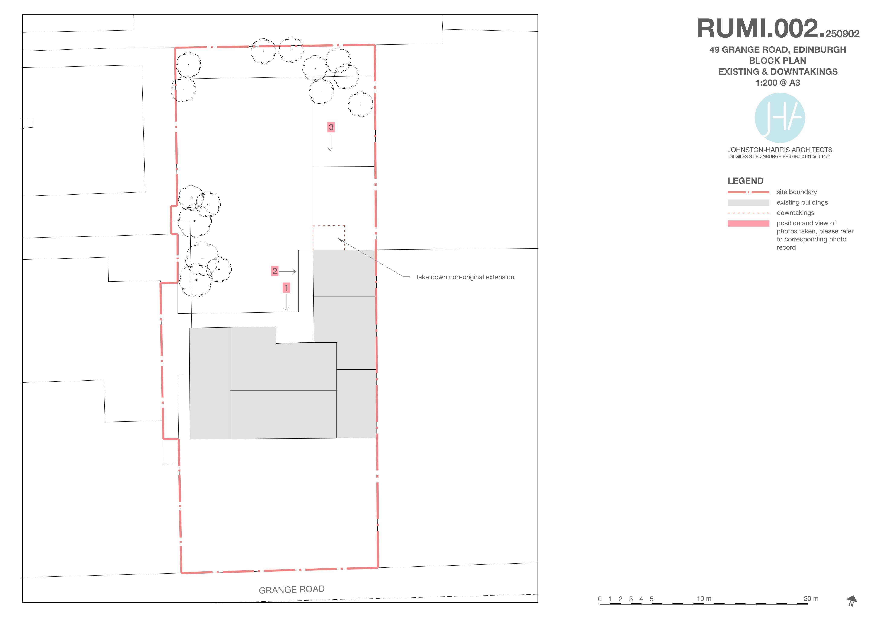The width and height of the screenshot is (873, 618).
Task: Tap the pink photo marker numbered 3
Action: coord(331,127)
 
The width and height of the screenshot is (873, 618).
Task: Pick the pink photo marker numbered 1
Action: coord(286,288)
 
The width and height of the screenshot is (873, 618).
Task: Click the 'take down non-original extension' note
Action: coord(465,277)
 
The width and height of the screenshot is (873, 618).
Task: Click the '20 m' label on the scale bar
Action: coord(811,599)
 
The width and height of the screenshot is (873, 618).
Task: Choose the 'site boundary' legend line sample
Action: coord(748,192)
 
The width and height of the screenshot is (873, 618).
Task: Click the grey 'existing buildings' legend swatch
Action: coord(748,202)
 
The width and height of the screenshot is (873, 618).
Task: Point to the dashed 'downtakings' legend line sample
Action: coord(748,213)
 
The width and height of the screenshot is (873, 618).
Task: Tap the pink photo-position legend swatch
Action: coord(748,223)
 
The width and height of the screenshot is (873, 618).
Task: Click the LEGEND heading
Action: coord(745,181)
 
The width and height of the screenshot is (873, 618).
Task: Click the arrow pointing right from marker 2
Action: coord(288,271)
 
